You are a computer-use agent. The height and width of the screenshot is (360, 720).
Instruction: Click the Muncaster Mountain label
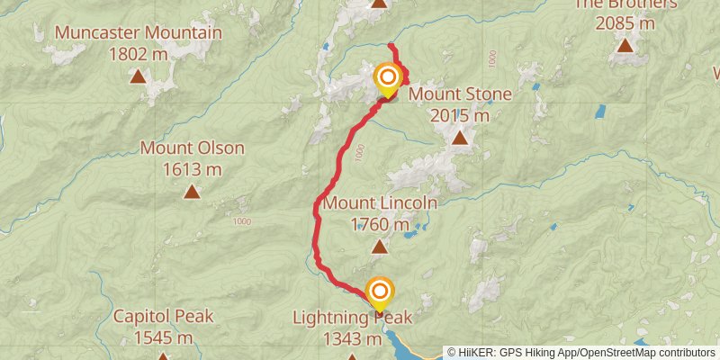point(138,34)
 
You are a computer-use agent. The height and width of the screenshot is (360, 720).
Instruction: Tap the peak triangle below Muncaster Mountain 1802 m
point(138,76)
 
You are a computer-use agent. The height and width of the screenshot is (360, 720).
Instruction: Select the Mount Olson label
point(192,148)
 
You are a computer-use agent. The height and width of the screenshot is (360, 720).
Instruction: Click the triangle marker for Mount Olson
point(192,191)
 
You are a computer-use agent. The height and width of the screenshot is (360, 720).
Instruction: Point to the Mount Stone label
point(460,94)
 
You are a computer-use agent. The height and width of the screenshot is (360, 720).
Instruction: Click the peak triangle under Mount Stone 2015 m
point(460,138)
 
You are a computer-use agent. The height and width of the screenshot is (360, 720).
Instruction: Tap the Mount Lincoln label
point(380,203)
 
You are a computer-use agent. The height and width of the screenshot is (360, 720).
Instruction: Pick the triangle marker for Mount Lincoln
point(380,247)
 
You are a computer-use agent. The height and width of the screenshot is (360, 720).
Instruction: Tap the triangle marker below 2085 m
point(625,44)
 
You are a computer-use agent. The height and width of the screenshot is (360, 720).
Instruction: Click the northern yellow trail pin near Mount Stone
point(388,78)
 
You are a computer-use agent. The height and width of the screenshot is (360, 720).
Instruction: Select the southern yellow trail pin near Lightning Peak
point(380,292)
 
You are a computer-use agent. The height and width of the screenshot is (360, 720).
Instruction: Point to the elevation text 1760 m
point(380,224)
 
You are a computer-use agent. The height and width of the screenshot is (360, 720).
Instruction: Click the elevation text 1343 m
point(352,338)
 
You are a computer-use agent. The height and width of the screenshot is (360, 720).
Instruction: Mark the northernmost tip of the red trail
point(390,45)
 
